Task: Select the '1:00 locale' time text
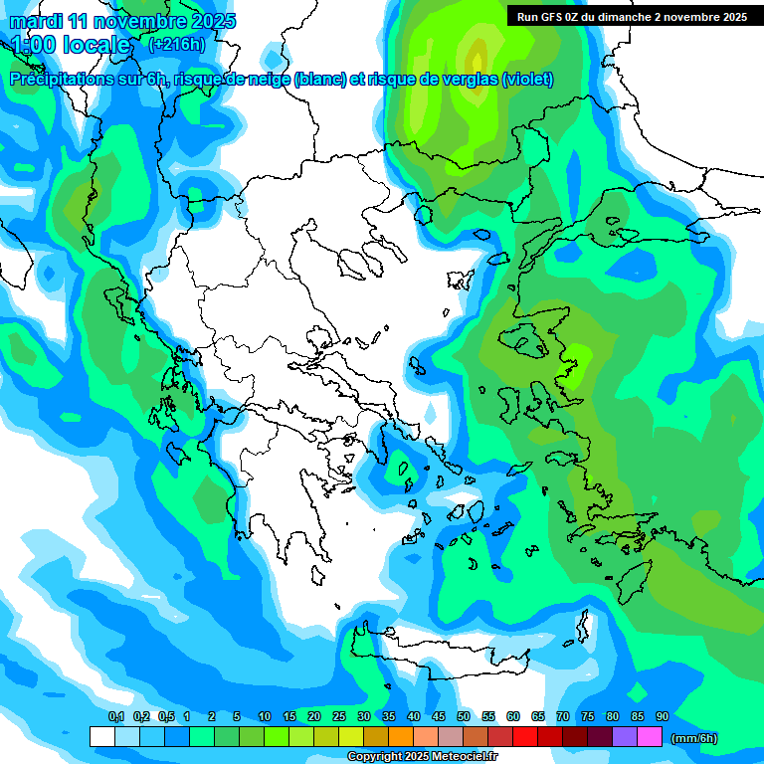pyautogui.click(x=72, y=45)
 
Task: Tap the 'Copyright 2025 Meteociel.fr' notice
pyautogui.click(x=422, y=757)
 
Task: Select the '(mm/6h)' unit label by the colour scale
pyautogui.click(x=694, y=738)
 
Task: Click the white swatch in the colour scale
pyautogui.click(x=101, y=737)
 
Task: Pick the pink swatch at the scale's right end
pyautogui.click(x=650, y=737)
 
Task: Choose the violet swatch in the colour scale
pyautogui.click(x=625, y=737)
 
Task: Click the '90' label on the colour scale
pyautogui.click(x=662, y=716)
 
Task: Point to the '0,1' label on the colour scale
pyautogui.click(x=115, y=716)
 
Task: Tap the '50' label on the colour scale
pyautogui.click(x=464, y=716)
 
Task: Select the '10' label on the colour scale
pyautogui.click(x=265, y=716)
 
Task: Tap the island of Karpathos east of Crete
pyautogui.click(x=583, y=627)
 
